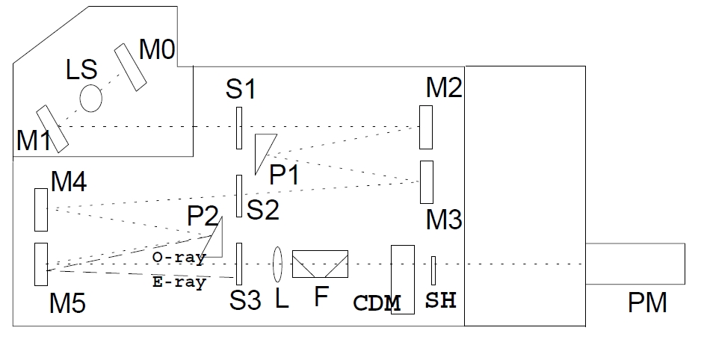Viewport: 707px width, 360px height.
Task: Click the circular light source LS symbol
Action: [x=90, y=98]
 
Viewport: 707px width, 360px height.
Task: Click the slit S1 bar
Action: [x=239, y=128]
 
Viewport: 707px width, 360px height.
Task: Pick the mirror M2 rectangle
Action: [x=427, y=127]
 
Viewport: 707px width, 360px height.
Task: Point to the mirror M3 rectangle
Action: [x=427, y=181]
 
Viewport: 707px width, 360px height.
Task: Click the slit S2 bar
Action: [x=239, y=196]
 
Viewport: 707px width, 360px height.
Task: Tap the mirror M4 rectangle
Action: [x=40, y=210]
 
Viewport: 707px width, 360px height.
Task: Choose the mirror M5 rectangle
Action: [x=40, y=264]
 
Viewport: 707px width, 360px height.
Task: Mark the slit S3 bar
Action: [x=239, y=264]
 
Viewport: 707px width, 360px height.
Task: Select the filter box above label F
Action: [x=320, y=264]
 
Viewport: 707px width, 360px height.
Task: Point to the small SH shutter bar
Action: [x=433, y=270]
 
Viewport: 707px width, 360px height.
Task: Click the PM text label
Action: [x=647, y=304]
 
